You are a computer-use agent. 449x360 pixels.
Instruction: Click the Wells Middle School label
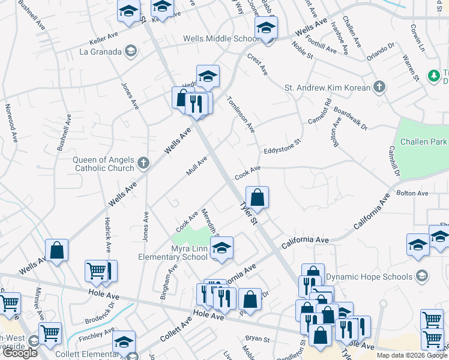click(221, 39)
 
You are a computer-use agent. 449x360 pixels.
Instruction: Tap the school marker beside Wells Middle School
click(266, 28)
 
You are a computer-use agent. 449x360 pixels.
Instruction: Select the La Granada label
click(100, 51)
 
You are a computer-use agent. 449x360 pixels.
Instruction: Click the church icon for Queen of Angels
click(143, 163)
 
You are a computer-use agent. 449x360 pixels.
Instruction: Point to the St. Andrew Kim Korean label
click(327, 88)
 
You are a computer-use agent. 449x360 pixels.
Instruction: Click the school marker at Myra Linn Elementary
click(221, 248)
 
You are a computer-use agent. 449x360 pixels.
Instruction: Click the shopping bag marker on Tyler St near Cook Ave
click(257, 197)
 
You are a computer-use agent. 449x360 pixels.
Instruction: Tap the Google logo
click(20, 353)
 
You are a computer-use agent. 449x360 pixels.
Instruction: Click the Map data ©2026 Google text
click(411, 355)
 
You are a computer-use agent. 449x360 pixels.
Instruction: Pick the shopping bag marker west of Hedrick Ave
click(56, 251)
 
